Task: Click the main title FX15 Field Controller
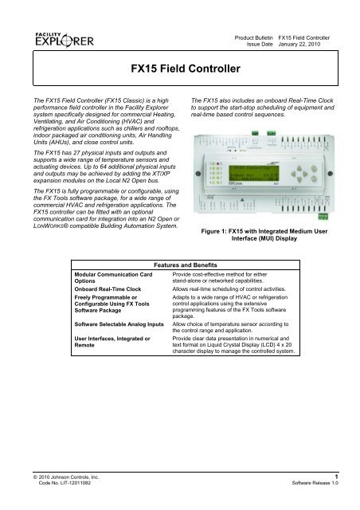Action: pos(179,69)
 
